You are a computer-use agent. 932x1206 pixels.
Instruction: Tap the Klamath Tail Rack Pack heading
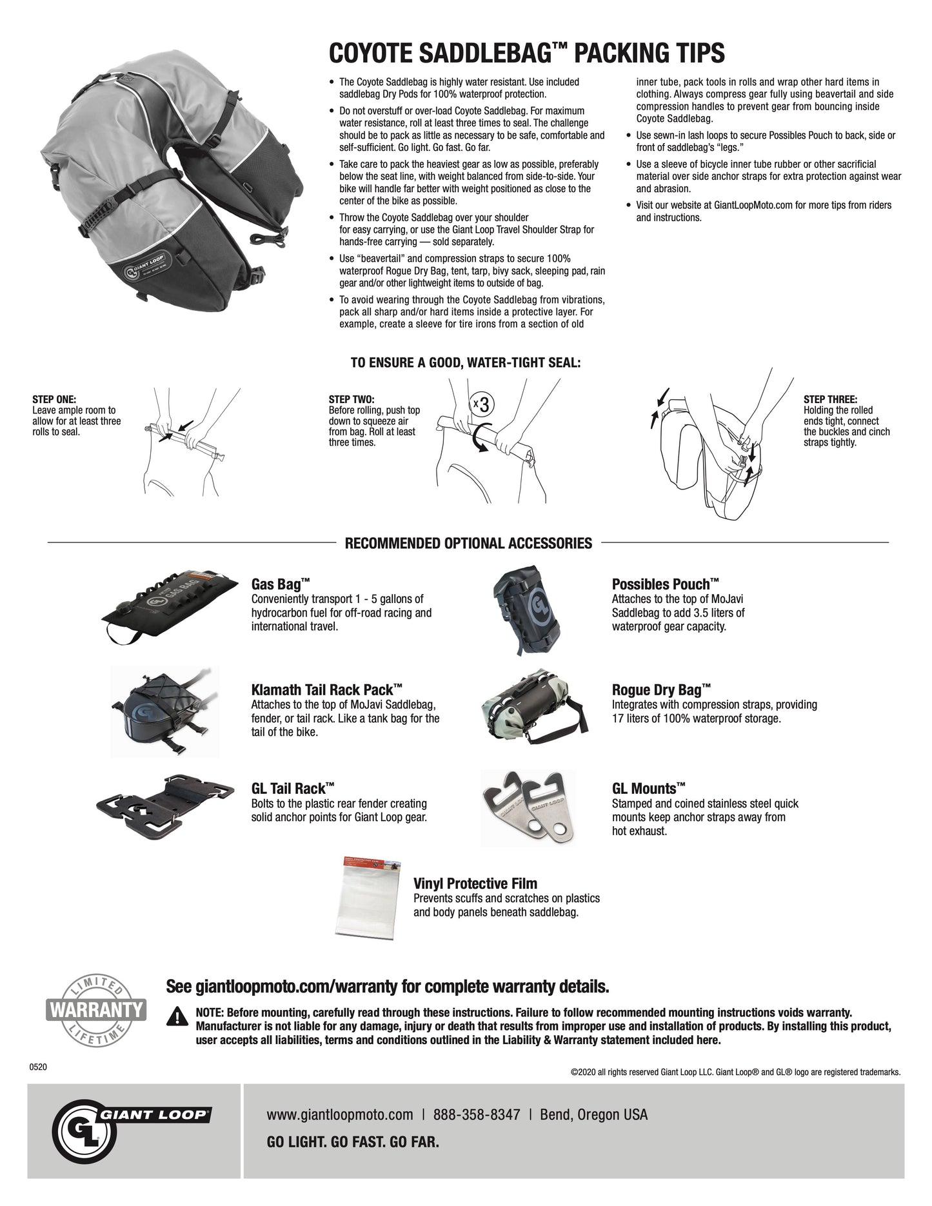pyautogui.click(x=327, y=688)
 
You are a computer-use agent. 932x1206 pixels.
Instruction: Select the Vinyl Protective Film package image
pyautogui.click(x=367, y=896)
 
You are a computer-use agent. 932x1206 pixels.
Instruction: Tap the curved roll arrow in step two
pyautogui.click(x=479, y=441)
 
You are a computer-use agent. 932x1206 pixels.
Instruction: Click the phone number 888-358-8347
pyautogui.click(x=476, y=1114)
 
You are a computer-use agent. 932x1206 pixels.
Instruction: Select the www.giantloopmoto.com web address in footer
pyautogui.click(x=339, y=1114)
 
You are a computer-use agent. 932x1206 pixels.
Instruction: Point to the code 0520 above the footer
pyautogui.click(x=39, y=1067)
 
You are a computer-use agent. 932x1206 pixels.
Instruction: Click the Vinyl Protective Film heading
pyautogui.click(x=475, y=884)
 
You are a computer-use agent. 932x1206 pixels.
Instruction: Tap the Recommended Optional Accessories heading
pyautogui.click(x=468, y=543)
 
